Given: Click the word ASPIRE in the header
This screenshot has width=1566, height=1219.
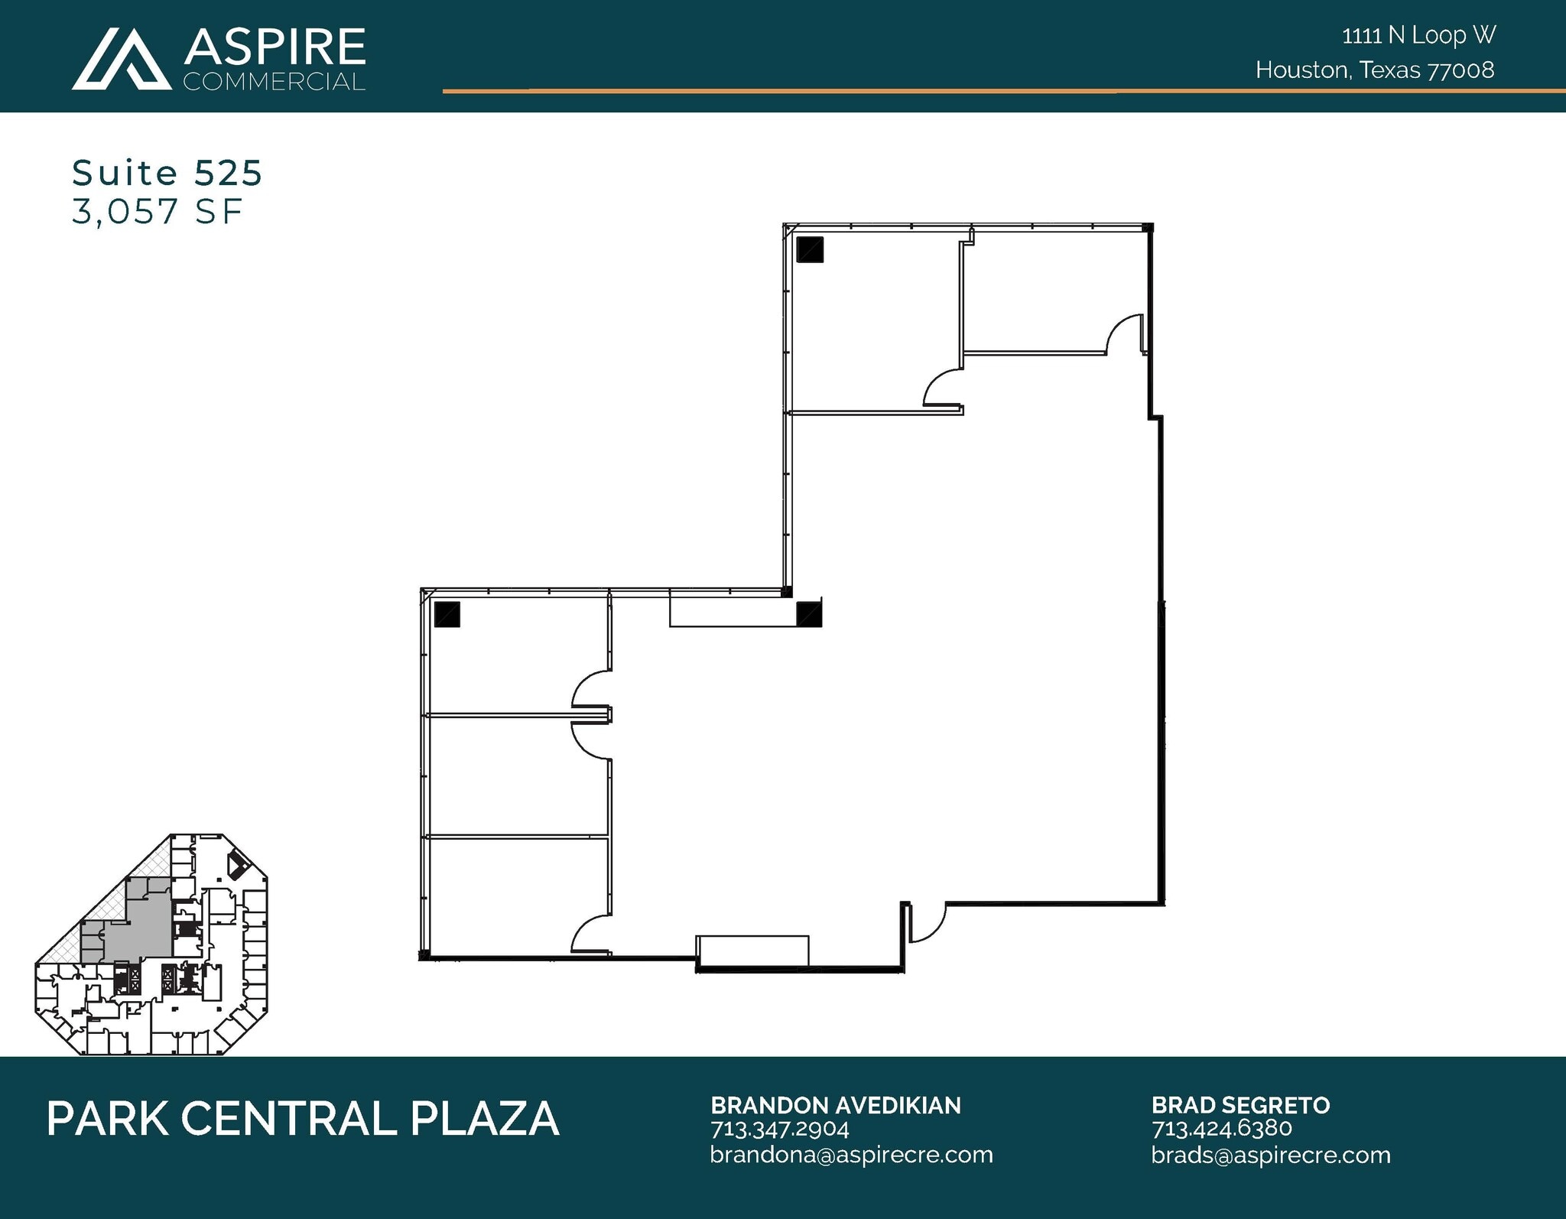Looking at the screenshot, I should point(275,47).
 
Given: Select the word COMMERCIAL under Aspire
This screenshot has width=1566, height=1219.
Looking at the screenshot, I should point(275,82).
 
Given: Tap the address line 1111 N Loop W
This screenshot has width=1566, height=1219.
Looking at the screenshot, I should point(1418,35).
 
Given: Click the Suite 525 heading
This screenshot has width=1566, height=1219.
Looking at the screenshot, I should point(167,173).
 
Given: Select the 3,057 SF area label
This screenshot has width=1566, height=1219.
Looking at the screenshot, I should point(157,212).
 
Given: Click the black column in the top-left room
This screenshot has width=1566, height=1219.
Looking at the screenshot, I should point(810,250).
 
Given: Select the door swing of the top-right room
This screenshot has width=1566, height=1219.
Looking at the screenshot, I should point(1126,335).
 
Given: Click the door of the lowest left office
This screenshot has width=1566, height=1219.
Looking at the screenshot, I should point(590,935).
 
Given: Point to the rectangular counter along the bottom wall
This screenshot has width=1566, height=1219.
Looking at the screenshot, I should point(752,951).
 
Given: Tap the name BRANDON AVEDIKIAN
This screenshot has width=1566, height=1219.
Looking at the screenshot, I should point(836,1106).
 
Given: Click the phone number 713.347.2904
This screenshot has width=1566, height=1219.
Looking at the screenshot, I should point(780,1130).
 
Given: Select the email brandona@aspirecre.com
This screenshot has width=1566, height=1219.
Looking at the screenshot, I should point(851,1155).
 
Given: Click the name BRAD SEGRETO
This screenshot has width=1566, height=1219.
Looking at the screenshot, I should point(1240,1106).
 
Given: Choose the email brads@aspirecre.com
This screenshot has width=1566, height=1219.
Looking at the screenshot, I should point(1271,1155).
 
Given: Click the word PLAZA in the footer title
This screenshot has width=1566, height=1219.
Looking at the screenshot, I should point(485,1120).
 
